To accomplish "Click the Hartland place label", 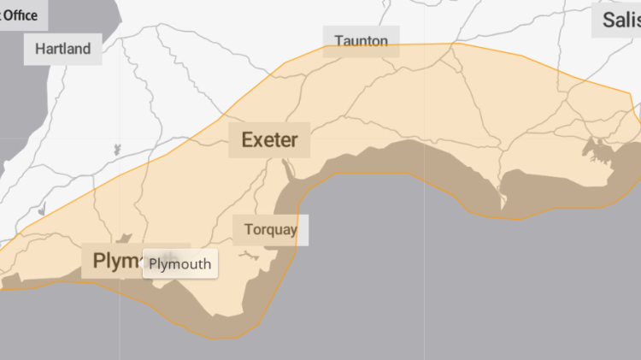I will tap(62, 49).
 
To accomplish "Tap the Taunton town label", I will tap(361, 41).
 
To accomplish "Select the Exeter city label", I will tap(269, 139).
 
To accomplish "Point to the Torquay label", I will tap(270, 229).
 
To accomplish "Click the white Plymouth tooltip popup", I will tap(179, 263).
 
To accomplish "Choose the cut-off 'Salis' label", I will tap(620, 21).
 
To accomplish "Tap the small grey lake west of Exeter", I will tap(116, 149).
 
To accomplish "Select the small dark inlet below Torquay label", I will tap(250, 254).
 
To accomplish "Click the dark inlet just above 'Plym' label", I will tap(126, 239).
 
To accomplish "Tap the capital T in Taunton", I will tap(339, 41).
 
